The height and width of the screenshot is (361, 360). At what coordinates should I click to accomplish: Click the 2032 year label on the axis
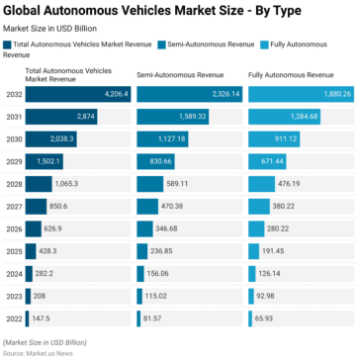(13, 93)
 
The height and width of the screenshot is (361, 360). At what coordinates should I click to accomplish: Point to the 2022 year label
(13, 319)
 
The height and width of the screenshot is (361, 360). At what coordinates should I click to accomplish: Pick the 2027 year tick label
(13, 206)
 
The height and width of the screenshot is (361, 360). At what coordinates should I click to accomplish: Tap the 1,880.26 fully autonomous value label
(330, 93)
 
